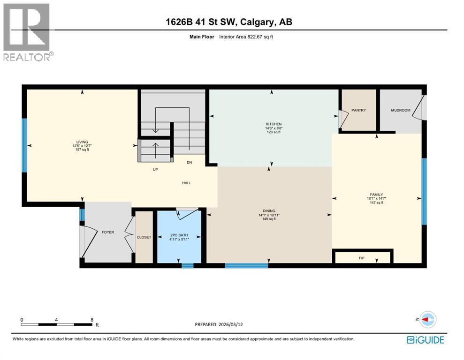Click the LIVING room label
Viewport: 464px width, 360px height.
click(x=83, y=142)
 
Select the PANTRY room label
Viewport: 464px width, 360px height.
click(x=358, y=111)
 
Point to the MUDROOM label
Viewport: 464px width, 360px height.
click(x=400, y=111)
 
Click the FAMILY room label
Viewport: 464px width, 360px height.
click(x=376, y=195)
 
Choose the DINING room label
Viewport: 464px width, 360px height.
click(x=269, y=211)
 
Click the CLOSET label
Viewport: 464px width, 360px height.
click(x=144, y=237)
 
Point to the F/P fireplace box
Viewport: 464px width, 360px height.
click(x=362, y=257)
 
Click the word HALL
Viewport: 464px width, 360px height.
click(x=187, y=183)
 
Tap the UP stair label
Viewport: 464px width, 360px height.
click(x=155, y=170)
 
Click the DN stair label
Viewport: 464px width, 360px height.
click(x=189, y=163)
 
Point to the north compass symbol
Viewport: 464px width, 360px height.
click(x=428, y=320)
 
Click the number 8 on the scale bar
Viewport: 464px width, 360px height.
click(x=92, y=320)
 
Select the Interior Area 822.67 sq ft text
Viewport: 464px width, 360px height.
click(x=246, y=37)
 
